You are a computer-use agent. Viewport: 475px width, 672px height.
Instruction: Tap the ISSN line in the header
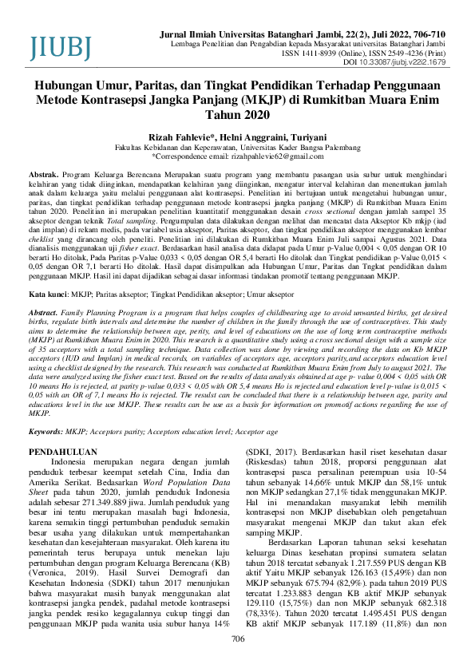(376, 53)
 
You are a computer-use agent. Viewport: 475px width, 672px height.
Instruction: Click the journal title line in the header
(315, 36)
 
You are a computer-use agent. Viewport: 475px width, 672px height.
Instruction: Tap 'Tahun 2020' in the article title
(236, 116)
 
